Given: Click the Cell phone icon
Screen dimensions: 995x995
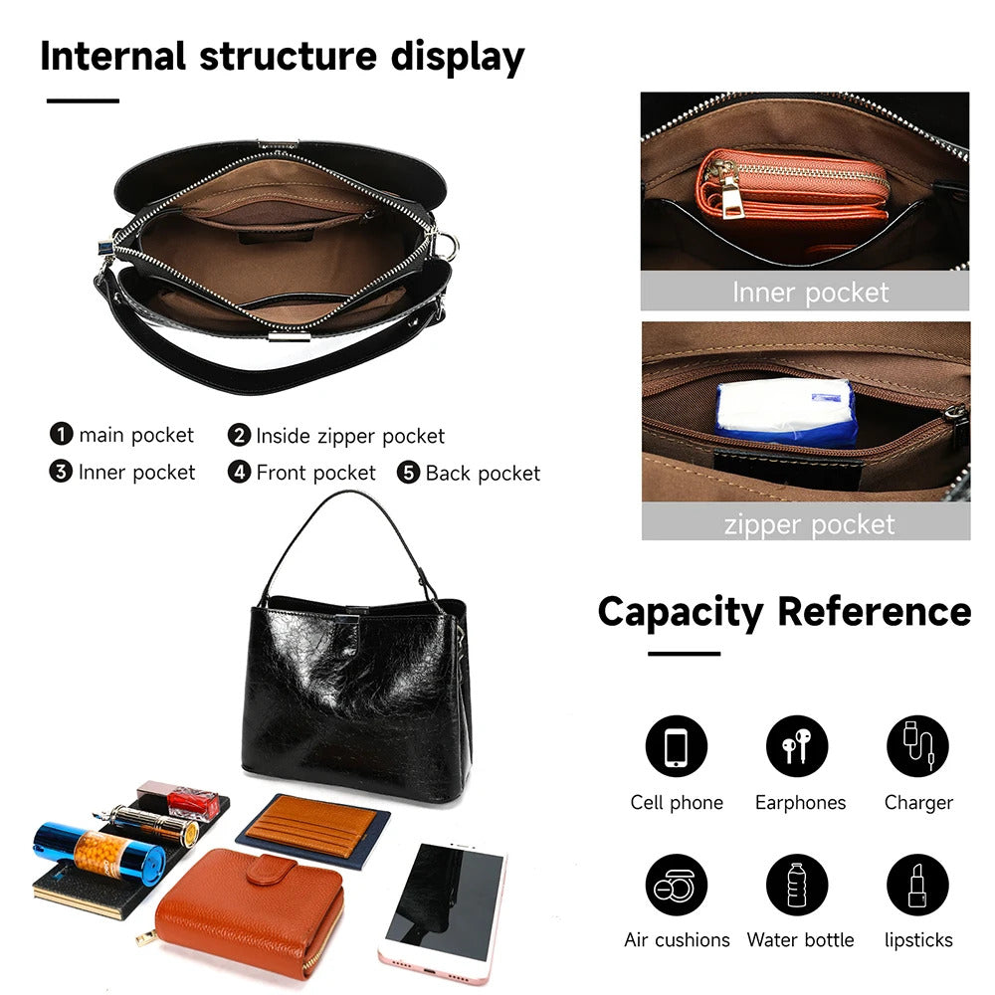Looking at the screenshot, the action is click(x=676, y=746).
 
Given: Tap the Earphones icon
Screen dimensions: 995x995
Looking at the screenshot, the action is click(x=796, y=746).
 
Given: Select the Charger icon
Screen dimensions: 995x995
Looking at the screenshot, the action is click(x=917, y=746).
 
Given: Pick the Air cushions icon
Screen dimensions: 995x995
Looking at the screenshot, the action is click(x=676, y=885).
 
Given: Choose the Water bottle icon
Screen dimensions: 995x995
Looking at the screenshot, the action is click(x=796, y=885).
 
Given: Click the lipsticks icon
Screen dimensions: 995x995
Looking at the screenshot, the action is click(x=917, y=885).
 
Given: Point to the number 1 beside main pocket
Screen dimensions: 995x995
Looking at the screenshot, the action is click(x=61, y=434).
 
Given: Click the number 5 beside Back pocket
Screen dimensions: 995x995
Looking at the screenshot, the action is click(x=408, y=472).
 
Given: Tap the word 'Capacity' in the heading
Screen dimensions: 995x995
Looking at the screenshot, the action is click(x=681, y=613).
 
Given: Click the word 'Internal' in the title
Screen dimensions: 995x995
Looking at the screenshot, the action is click(x=113, y=56).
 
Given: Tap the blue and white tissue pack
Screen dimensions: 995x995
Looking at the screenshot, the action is click(x=786, y=411).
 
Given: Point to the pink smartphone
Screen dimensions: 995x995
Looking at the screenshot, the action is click(x=444, y=911).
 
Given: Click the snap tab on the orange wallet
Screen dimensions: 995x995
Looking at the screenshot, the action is click(x=271, y=869).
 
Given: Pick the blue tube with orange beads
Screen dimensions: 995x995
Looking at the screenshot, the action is click(x=99, y=854).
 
